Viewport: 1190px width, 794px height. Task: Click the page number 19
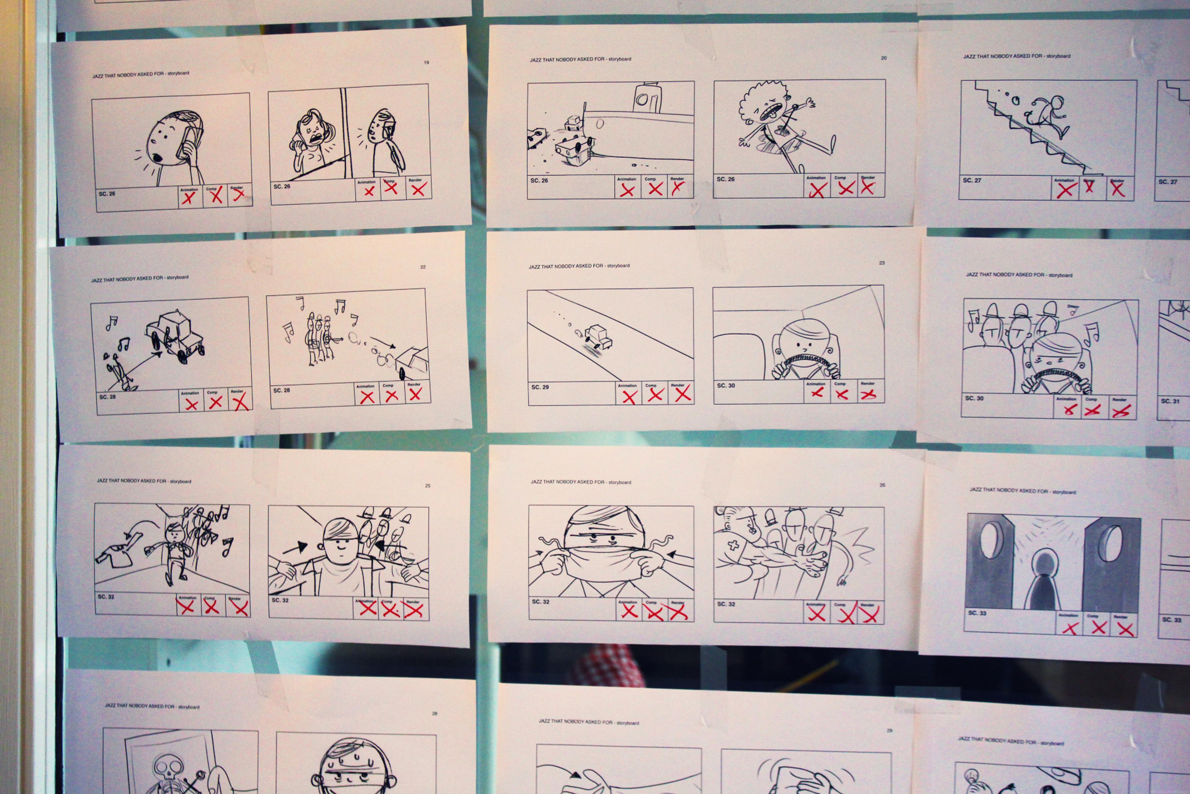pos(426,62)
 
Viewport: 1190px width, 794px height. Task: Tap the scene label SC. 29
pos(540,387)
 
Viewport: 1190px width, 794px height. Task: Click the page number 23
pos(881,263)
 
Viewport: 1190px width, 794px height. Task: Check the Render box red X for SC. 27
pos(1118,190)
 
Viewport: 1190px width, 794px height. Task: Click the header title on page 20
pos(580,59)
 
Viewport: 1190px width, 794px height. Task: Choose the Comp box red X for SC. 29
pos(655,395)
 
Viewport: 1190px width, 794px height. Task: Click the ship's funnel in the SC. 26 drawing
pos(647,98)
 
